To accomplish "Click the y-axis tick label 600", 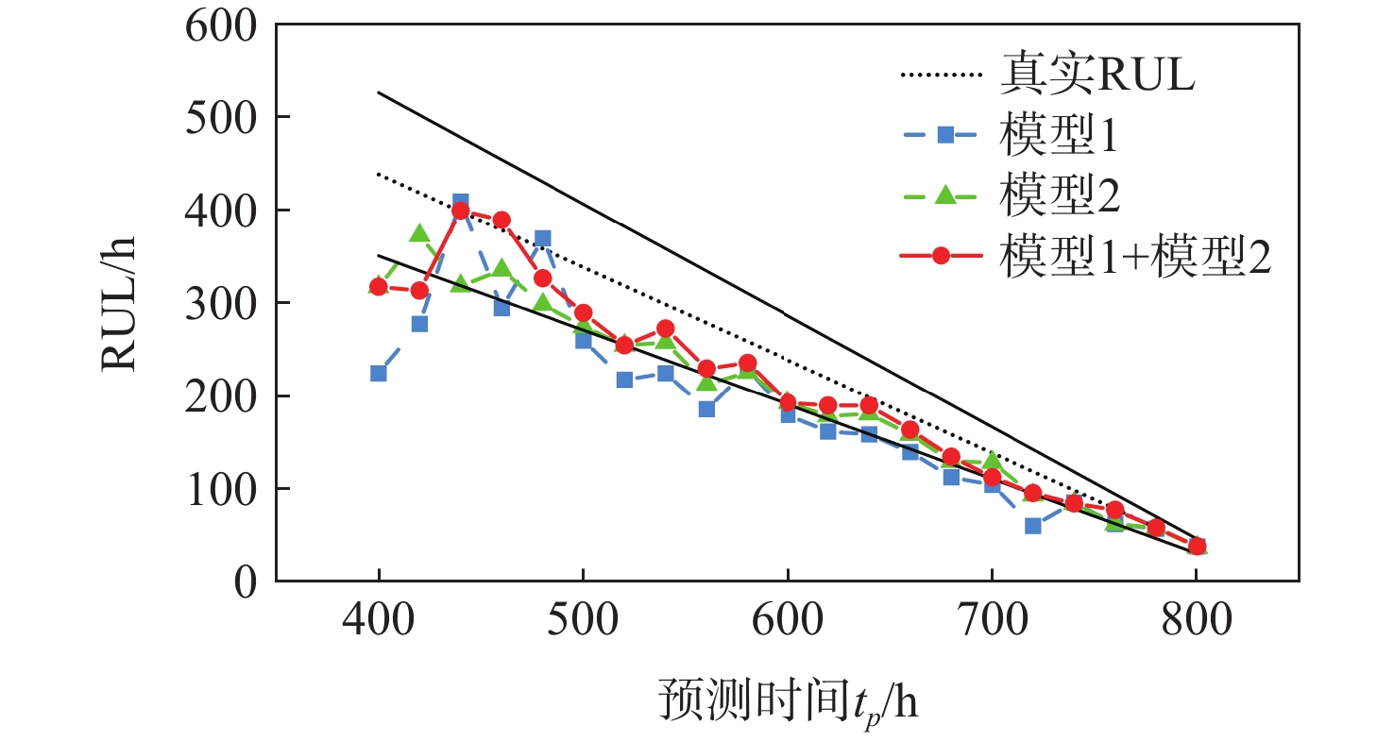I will [223, 25].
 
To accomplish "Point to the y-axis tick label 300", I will [223, 303].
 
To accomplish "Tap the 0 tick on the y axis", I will [245, 582].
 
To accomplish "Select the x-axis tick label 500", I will [583, 623].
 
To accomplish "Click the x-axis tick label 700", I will [991, 623].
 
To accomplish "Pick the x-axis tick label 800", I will [1196, 623].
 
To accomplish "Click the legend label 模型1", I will [1058, 137].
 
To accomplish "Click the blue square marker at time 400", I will [379, 373].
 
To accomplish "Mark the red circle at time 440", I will [461, 211].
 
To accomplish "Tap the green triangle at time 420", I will [419, 233].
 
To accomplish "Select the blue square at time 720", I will [1032, 525].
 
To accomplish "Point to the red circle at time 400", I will [379, 286].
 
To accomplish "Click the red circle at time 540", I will [665, 329].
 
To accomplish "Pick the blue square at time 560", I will [705, 409].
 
